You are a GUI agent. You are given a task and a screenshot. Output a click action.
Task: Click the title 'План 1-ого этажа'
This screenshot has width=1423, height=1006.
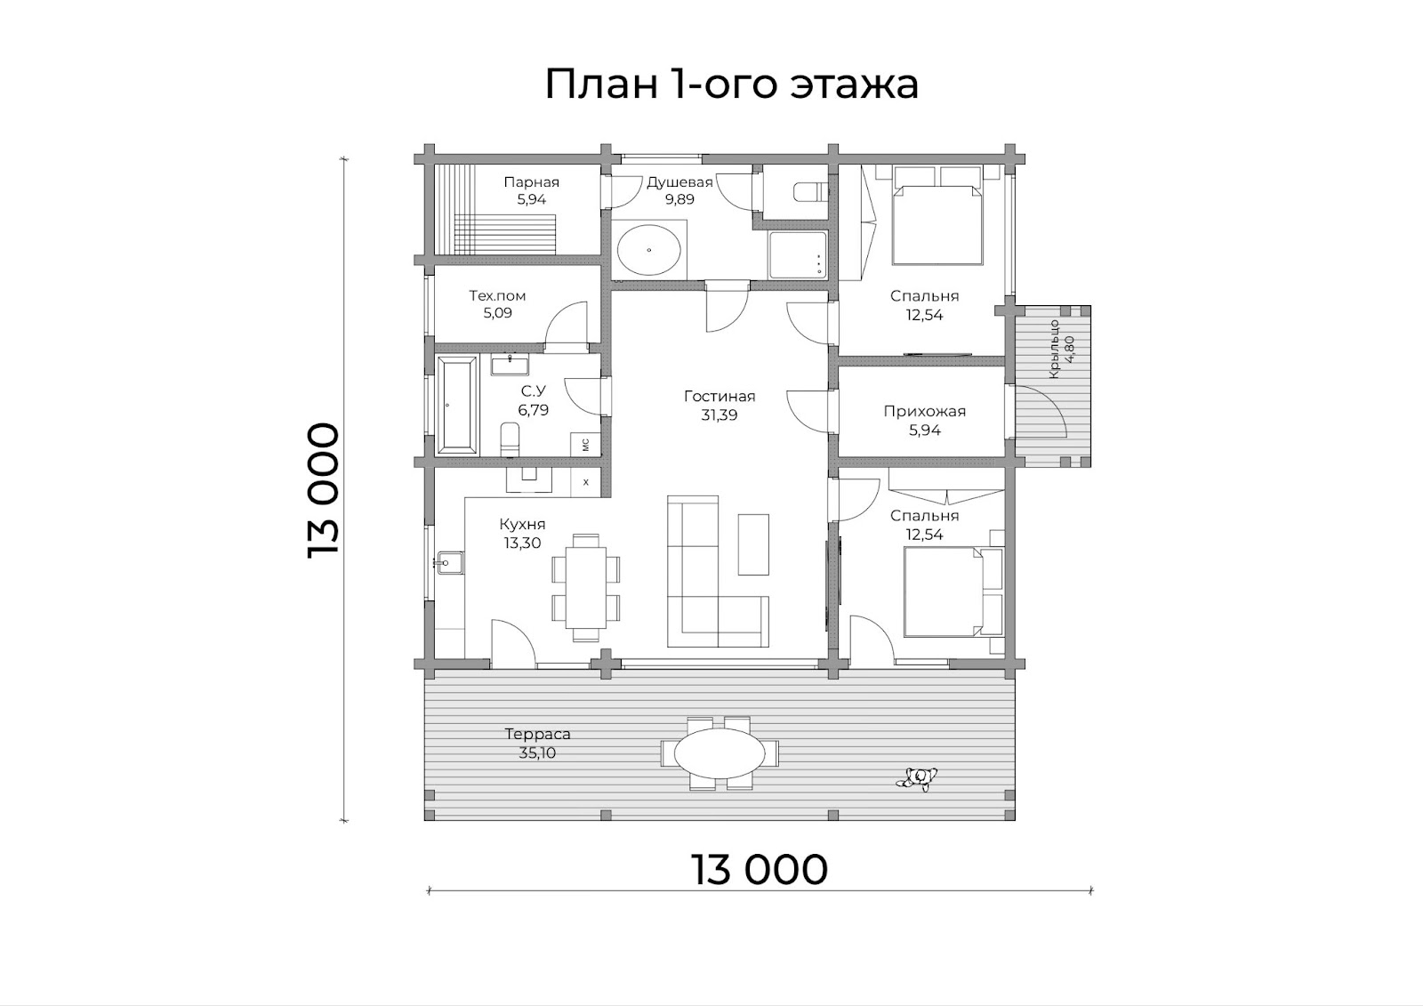click(x=732, y=85)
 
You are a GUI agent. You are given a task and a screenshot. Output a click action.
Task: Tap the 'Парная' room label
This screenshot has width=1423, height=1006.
click(x=532, y=182)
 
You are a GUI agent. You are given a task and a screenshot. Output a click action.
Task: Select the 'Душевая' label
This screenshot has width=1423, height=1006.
click(x=679, y=183)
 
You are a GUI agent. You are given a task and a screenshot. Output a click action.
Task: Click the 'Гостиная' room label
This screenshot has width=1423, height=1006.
click(x=720, y=397)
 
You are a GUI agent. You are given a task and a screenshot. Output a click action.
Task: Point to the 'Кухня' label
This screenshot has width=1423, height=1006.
click(x=522, y=525)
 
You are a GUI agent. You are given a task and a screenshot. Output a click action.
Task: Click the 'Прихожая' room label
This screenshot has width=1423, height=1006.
click(x=924, y=412)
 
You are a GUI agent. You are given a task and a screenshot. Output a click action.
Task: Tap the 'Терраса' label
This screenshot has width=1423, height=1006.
click(x=537, y=734)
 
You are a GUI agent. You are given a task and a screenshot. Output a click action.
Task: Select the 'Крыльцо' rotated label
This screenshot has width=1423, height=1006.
click(x=1054, y=349)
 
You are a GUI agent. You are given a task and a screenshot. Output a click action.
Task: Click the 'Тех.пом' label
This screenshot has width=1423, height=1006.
click(x=497, y=295)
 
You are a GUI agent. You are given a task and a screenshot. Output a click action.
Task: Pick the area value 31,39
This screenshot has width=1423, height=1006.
click(x=720, y=415)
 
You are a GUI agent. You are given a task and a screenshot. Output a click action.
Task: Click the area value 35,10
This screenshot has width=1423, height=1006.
click(x=537, y=753)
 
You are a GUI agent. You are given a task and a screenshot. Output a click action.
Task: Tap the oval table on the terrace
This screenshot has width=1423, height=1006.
click(x=720, y=753)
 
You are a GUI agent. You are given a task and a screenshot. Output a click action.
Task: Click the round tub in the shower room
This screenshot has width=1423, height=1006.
click(x=649, y=250)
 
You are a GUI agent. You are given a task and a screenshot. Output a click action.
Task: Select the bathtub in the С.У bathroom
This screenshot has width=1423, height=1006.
click(x=457, y=406)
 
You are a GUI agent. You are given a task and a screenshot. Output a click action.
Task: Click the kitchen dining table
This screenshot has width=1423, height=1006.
click(x=586, y=588)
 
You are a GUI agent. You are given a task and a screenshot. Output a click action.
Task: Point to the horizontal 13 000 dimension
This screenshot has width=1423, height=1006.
click(x=760, y=870)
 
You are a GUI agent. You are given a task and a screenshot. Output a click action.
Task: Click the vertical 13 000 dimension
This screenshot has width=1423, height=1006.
click(x=324, y=491)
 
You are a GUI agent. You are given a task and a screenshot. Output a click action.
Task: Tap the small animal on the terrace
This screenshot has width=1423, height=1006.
click(x=917, y=778)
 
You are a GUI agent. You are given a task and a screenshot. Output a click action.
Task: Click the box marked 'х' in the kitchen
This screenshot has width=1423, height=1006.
click(x=586, y=482)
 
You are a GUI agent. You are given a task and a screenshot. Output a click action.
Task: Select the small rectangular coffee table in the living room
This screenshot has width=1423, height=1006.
click(x=753, y=544)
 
